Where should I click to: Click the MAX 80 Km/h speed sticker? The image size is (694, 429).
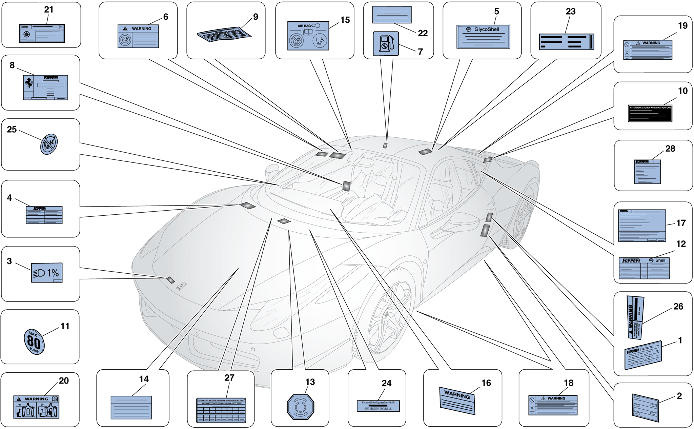(x=34, y=342)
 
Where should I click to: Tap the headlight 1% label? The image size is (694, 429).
(x=47, y=273)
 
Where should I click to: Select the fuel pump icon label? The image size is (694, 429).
(x=386, y=44)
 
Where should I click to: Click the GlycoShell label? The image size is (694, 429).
(x=483, y=36)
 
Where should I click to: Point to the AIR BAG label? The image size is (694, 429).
(x=308, y=36)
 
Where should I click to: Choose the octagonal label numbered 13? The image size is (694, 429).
(x=300, y=407)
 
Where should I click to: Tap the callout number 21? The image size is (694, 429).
(x=49, y=10)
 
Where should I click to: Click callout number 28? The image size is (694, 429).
(x=670, y=149)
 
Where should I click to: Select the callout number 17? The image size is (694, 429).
(x=681, y=223)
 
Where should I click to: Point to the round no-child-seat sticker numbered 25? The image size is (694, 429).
(x=49, y=144)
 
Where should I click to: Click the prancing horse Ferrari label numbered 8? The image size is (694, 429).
(x=45, y=87)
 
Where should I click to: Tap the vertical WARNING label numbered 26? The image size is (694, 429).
(x=635, y=317)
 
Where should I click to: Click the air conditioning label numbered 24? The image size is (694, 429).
(x=378, y=406)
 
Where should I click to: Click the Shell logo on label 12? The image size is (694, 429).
(x=651, y=260)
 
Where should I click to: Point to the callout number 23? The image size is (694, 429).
(x=571, y=12)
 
